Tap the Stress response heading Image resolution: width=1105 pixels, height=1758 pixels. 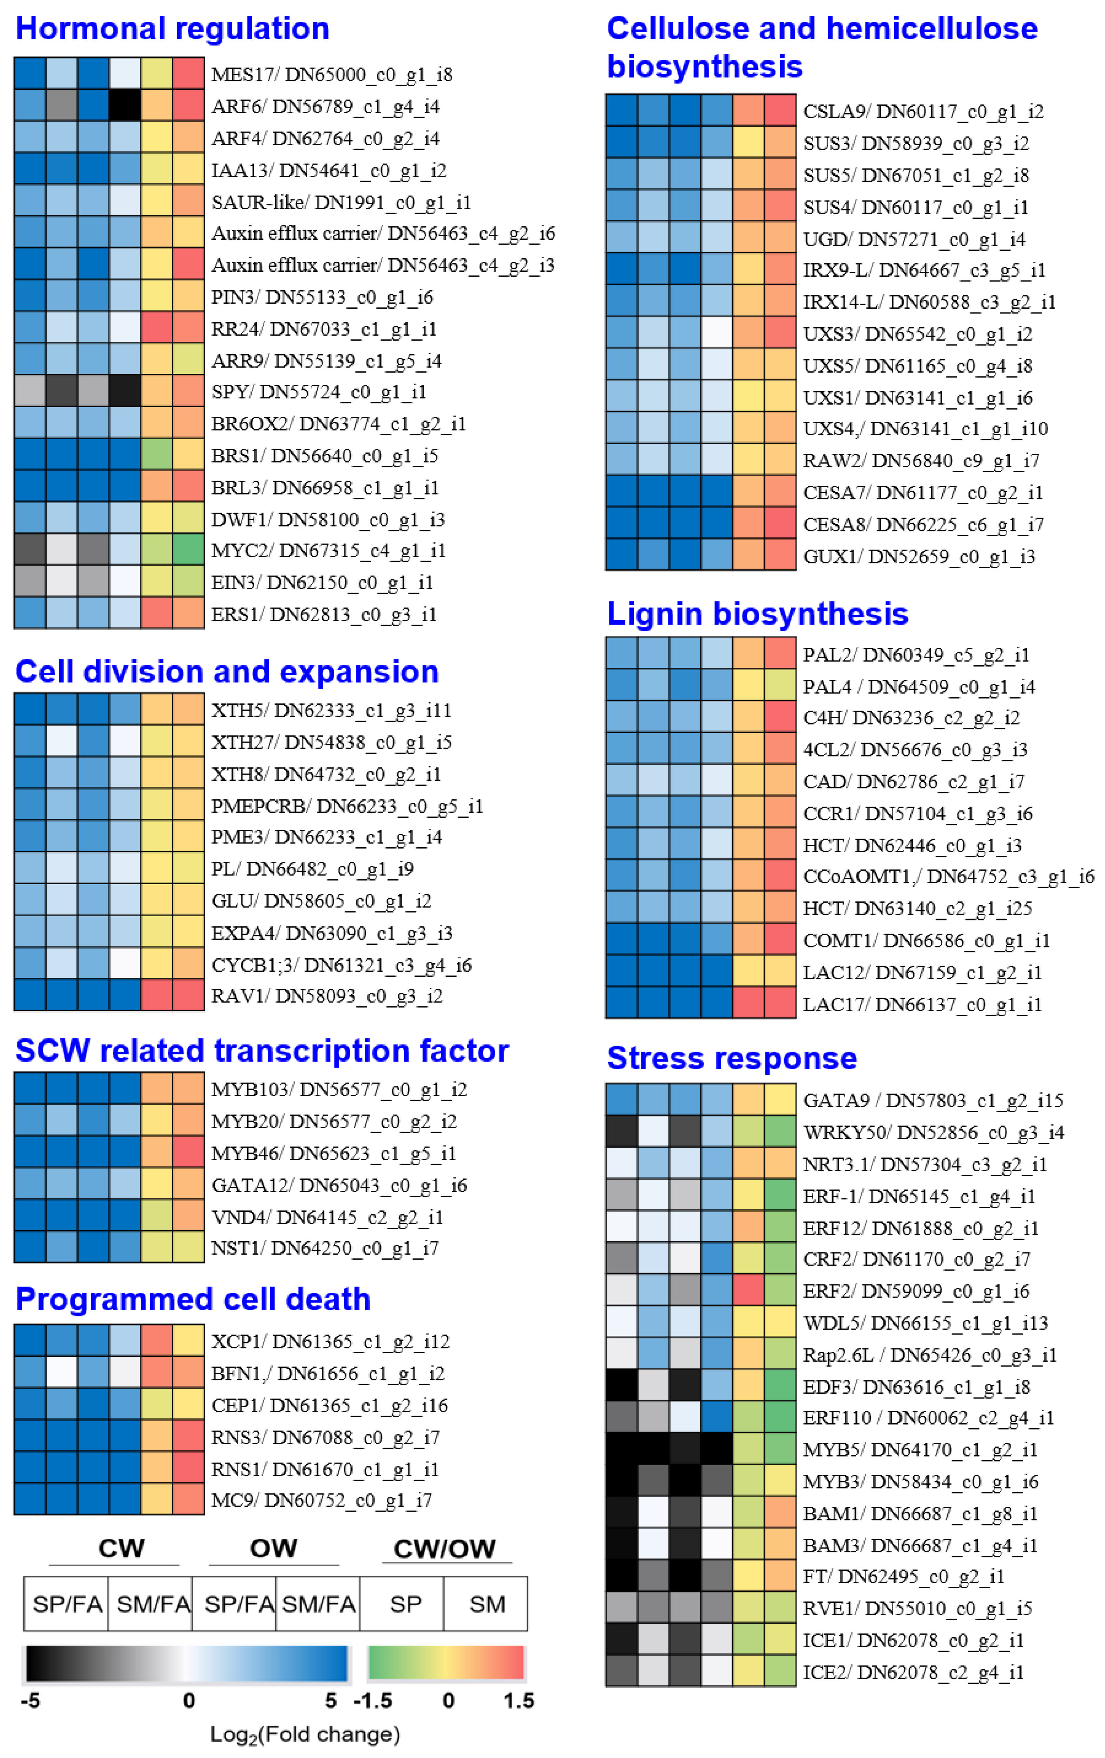(x=731, y=1058)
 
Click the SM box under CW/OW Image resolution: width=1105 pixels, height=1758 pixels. (x=486, y=1605)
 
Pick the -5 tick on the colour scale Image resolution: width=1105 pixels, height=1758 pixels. (x=31, y=1701)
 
